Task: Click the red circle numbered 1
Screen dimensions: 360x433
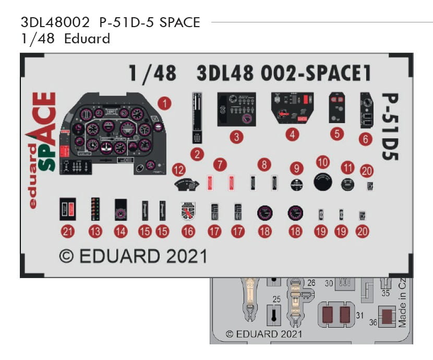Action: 164,103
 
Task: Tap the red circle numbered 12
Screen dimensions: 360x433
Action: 179,170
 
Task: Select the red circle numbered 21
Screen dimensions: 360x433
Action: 68,231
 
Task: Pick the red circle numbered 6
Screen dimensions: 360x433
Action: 365,138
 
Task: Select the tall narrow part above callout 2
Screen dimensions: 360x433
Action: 197,118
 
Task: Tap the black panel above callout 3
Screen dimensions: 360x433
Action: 236,109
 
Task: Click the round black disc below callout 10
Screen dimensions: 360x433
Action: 323,183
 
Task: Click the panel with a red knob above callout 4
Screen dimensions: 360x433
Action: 292,109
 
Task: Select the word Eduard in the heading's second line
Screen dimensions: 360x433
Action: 87,39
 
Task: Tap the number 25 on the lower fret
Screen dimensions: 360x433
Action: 276,299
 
